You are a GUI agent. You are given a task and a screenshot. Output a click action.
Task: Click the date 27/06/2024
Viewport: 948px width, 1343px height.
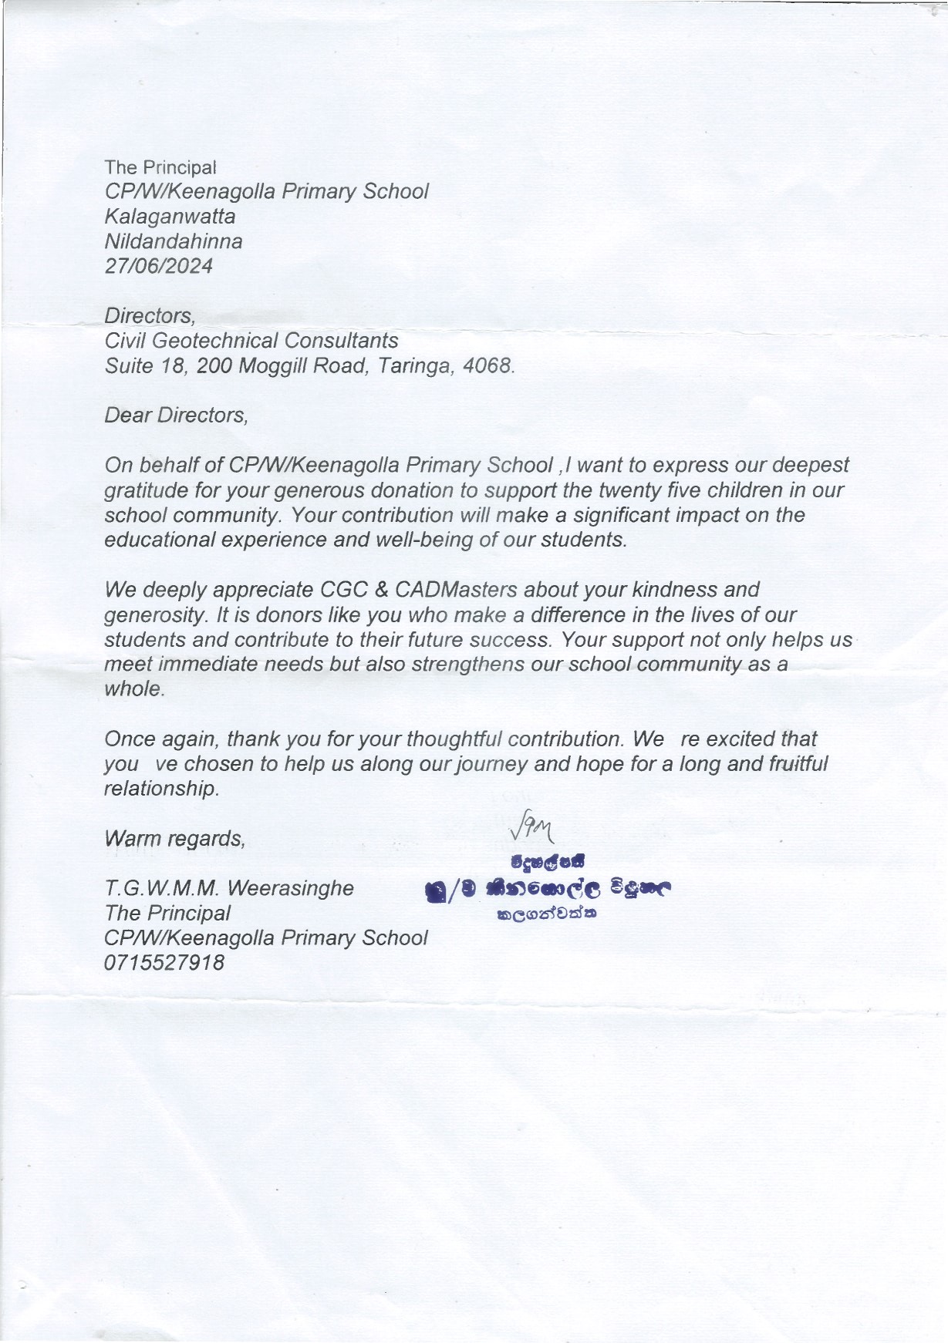pyautogui.click(x=158, y=266)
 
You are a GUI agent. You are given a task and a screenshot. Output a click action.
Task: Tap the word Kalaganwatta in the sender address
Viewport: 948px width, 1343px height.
pyautogui.click(x=170, y=217)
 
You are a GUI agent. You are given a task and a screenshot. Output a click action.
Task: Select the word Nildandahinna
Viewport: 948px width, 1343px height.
pyautogui.click(x=174, y=241)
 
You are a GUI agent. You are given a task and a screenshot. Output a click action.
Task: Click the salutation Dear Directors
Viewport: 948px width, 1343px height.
pyautogui.click(x=176, y=416)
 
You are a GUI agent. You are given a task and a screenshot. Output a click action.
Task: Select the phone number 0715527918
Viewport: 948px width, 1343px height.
pyautogui.click(x=164, y=963)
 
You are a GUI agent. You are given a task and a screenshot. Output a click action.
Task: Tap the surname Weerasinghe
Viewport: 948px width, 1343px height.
pyautogui.click(x=291, y=888)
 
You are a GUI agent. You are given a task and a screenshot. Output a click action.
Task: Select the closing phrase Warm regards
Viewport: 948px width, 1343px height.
pyautogui.click(x=174, y=838)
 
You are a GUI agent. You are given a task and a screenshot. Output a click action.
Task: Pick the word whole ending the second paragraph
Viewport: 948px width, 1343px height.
pyautogui.click(x=133, y=689)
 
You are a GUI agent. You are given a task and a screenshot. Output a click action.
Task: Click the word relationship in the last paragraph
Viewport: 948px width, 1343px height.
pyautogui.click(x=160, y=789)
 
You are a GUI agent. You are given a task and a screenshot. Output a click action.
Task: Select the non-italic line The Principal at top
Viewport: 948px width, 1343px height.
pyautogui.click(x=160, y=167)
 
